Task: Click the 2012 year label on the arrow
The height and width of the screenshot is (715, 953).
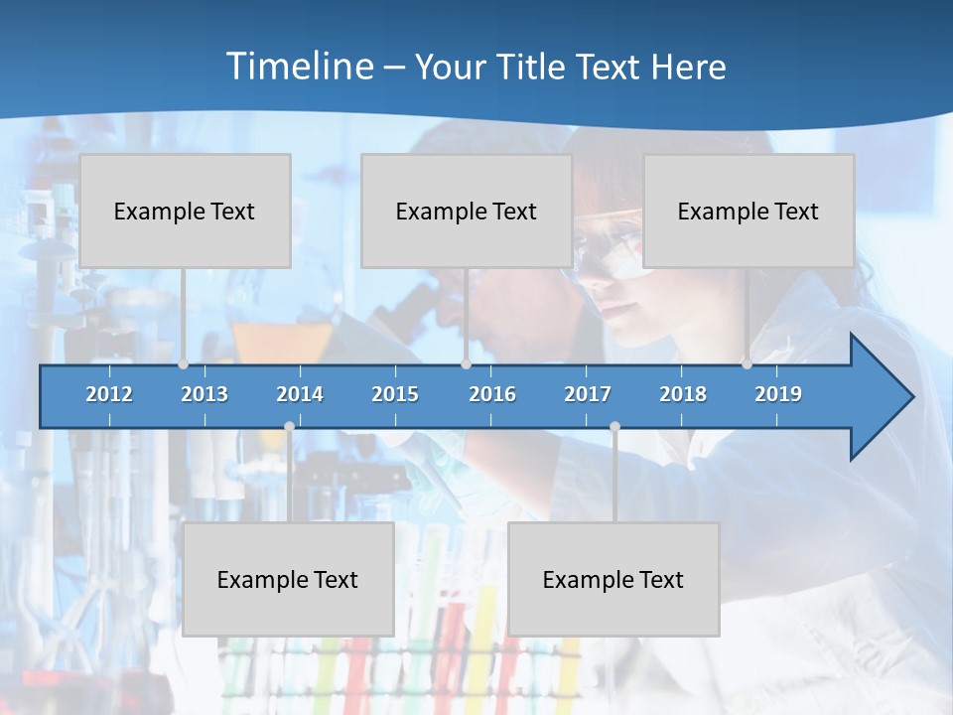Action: point(109,394)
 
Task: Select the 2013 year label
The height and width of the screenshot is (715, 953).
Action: point(204,394)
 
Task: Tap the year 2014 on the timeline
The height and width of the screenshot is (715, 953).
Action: point(300,394)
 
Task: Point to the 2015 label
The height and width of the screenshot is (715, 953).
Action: point(395,394)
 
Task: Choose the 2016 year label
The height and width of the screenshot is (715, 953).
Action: point(492,394)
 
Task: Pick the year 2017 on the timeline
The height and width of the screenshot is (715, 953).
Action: point(588,394)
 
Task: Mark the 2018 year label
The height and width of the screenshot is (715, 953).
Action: point(683,394)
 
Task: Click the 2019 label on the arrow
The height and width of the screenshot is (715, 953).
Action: point(778,394)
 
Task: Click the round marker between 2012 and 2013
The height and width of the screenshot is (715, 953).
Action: point(184,364)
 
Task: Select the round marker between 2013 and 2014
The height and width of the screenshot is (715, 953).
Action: point(289,426)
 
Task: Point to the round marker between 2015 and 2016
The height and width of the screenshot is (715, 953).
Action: point(466,364)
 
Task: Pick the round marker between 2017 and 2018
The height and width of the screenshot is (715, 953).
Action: point(614,426)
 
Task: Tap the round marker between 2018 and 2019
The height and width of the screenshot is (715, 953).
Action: point(748,364)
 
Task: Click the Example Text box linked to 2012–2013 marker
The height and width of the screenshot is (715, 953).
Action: point(185,211)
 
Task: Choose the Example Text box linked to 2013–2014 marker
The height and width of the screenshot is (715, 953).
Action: point(288,579)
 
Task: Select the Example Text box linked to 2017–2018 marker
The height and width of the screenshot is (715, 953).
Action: point(613,579)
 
